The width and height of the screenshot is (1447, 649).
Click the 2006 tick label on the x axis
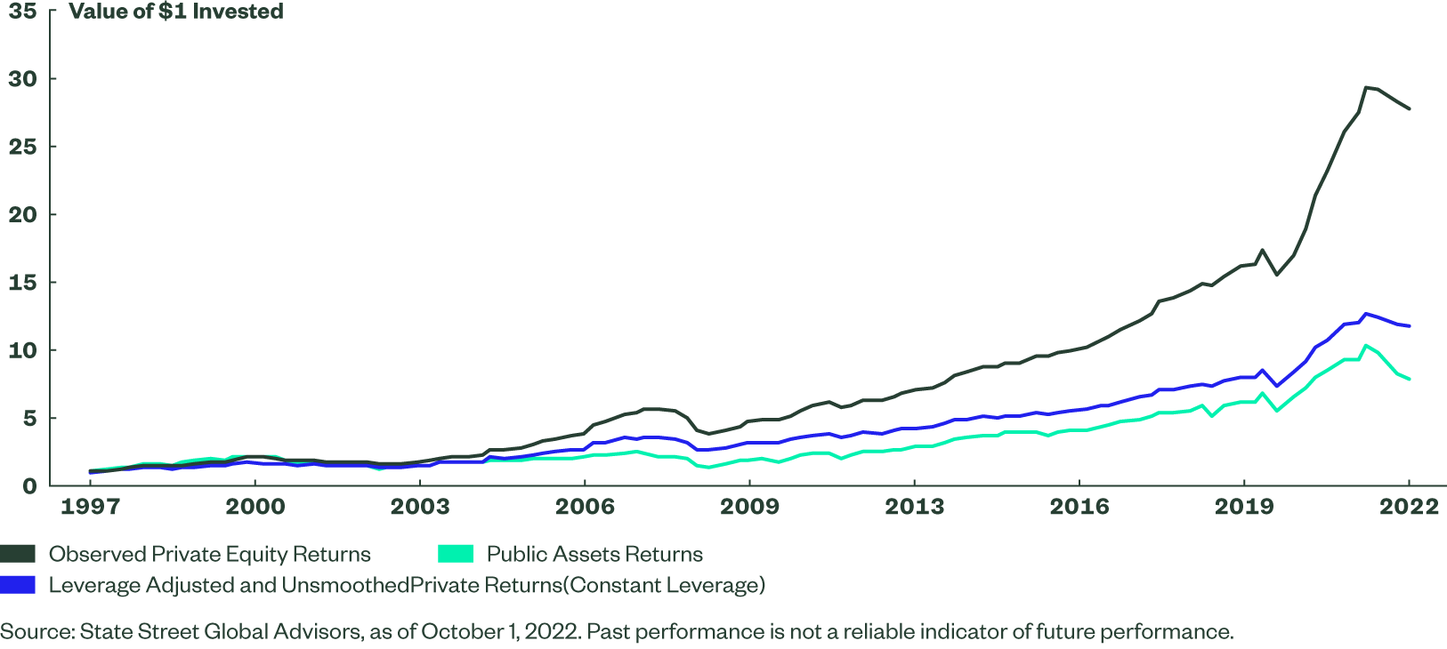[585, 507]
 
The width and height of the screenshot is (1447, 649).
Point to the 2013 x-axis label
[914, 507]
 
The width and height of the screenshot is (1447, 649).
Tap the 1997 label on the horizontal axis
[90, 507]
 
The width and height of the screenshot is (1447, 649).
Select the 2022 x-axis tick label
[1409, 507]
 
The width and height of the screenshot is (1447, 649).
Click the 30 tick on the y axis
[22, 79]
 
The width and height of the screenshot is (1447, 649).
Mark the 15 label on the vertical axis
[22, 283]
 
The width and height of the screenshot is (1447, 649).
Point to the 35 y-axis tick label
[22, 12]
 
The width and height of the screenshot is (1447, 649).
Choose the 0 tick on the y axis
[30, 486]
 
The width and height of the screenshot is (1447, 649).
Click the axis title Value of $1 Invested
[176, 12]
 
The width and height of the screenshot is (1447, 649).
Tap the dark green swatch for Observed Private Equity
[18, 554]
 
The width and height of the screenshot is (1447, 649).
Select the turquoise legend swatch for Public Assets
[455, 554]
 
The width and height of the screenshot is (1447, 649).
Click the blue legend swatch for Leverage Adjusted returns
[18, 585]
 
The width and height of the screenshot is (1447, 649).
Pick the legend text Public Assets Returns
[594, 554]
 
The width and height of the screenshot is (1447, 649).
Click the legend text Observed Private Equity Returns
[210, 554]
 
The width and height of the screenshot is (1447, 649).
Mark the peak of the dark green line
[1365, 87]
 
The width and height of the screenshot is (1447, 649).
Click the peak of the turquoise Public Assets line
[1365, 345]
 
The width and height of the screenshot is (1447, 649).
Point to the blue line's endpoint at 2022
[1409, 326]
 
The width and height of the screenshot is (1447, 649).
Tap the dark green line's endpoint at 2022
[1409, 108]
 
